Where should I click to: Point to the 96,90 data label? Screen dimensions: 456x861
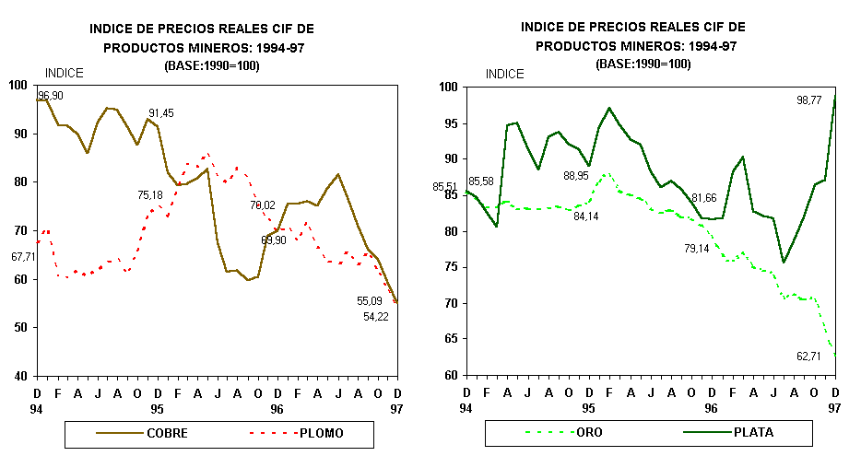[51, 96]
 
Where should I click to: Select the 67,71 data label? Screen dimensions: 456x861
[23, 257]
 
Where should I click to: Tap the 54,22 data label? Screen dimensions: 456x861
[375, 317]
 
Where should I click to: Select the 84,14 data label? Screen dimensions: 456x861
[585, 216]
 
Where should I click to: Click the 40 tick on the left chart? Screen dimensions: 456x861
[20, 376]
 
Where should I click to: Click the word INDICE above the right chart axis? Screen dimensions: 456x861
[504, 74]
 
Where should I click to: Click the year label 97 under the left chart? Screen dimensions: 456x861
[395, 407]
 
